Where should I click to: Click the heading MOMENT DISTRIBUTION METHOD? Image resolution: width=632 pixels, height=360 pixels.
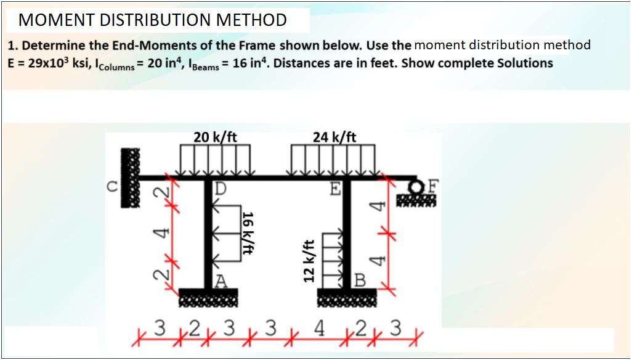coord(153,20)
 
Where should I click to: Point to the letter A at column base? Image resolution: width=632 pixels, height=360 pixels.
coord(222,282)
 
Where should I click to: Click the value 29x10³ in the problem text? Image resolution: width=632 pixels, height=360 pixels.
coord(50,63)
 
